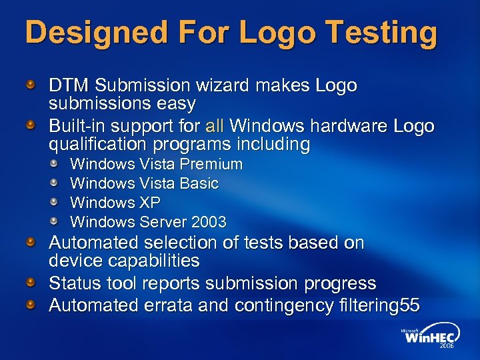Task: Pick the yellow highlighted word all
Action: point(215,126)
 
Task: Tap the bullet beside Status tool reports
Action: point(31,283)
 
